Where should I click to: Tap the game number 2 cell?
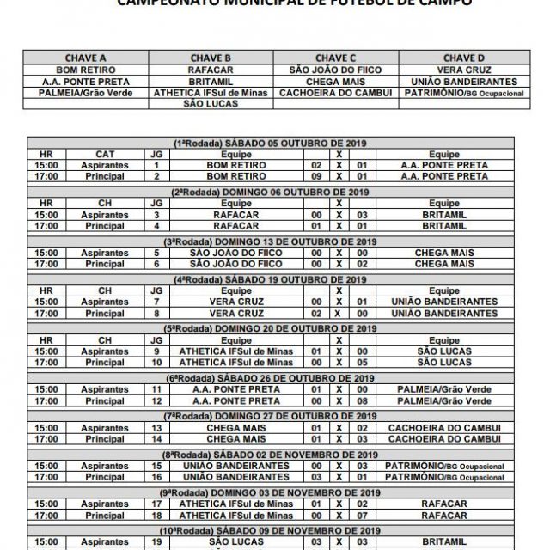coord(156,176)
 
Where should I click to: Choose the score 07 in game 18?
coord(364,515)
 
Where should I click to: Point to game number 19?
coord(156,542)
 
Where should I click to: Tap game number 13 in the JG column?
coord(156,427)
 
